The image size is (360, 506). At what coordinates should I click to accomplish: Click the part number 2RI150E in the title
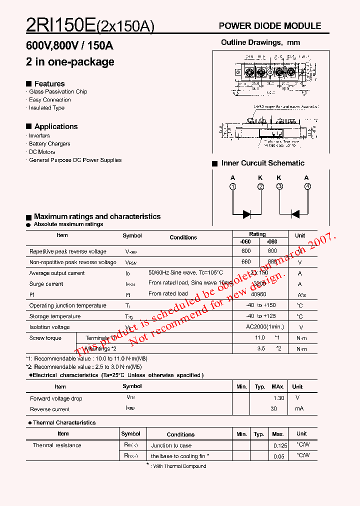(x=60, y=25)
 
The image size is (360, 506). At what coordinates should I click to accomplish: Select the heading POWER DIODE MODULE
(x=270, y=26)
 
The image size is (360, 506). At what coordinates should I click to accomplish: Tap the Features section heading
(x=49, y=83)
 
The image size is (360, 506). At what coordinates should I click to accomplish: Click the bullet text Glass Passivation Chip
(x=58, y=92)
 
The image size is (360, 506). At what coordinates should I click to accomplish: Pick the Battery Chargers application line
(x=49, y=144)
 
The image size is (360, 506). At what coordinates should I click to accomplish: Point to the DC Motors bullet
(x=42, y=152)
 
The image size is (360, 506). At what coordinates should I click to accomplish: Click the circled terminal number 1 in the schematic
(x=232, y=186)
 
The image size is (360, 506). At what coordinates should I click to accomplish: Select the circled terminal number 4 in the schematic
(x=307, y=186)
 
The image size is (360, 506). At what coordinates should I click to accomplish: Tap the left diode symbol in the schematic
(x=246, y=214)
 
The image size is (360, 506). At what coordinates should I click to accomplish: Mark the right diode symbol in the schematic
(x=295, y=214)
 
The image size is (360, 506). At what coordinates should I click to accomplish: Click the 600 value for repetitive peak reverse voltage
(x=245, y=251)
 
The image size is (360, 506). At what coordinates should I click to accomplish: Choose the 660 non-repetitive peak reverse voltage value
(x=245, y=262)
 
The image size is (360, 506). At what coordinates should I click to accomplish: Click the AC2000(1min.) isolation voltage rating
(x=264, y=327)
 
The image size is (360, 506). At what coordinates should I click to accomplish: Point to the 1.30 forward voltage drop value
(x=278, y=398)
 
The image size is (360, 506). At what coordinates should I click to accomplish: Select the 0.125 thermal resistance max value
(x=280, y=445)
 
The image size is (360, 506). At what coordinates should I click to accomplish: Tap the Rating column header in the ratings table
(x=257, y=234)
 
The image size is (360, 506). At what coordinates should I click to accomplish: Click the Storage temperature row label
(x=55, y=316)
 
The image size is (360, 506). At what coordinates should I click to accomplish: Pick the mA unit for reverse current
(x=299, y=409)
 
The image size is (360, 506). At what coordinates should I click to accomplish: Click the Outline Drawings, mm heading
(x=260, y=42)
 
